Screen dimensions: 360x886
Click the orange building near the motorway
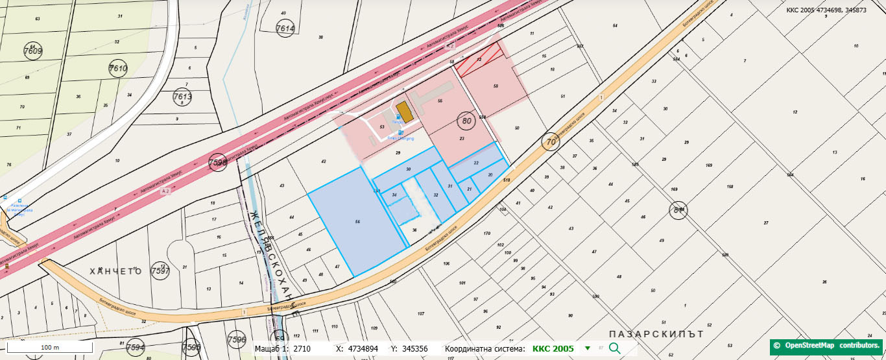tap(404, 111)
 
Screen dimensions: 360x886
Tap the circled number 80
tap(465, 121)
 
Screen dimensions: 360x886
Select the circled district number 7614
tap(285, 29)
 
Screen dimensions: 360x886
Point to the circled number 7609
tap(32, 51)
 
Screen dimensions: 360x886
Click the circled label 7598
tap(219, 163)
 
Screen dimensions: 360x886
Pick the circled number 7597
tap(160, 270)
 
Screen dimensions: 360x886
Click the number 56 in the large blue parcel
tap(357, 222)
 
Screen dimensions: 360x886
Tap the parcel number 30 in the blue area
tap(409, 169)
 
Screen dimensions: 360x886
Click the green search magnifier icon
tap(614, 348)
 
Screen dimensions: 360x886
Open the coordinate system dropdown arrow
tap(588, 348)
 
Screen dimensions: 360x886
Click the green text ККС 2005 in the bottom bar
tap(553, 348)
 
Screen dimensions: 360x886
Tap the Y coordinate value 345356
tap(415, 348)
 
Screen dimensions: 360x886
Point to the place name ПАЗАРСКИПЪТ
tap(656, 333)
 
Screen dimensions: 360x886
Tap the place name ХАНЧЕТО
tap(115, 271)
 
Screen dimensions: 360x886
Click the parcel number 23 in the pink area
tap(462, 138)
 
